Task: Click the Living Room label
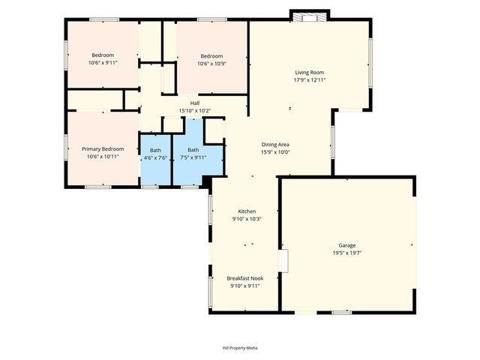click(x=309, y=72)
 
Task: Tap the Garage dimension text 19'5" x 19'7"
click(x=346, y=253)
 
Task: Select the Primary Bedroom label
click(x=102, y=148)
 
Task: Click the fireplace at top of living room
click(x=309, y=16)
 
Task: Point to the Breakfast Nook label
click(x=246, y=277)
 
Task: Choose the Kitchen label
click(x=247, y=211)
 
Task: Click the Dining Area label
click(x=275, y=144)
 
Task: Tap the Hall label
click(x=194, y=103)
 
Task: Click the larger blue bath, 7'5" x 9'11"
click(x=193, y=157)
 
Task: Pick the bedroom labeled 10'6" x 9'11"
click(x=103, y=58)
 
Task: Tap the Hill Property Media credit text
click(x=240, y=348)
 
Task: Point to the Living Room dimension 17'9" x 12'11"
click(x=309, y=80)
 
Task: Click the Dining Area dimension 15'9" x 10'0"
click(x=275, y=152)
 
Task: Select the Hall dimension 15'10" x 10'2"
click(x=194, y=111)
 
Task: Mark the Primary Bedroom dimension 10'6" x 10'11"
click(x=102, y=157)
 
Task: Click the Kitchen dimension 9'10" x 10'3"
click(x=247, y=219)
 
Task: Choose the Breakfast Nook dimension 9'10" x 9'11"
click(x=246, y=286)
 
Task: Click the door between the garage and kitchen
click(x=283, y=260)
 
